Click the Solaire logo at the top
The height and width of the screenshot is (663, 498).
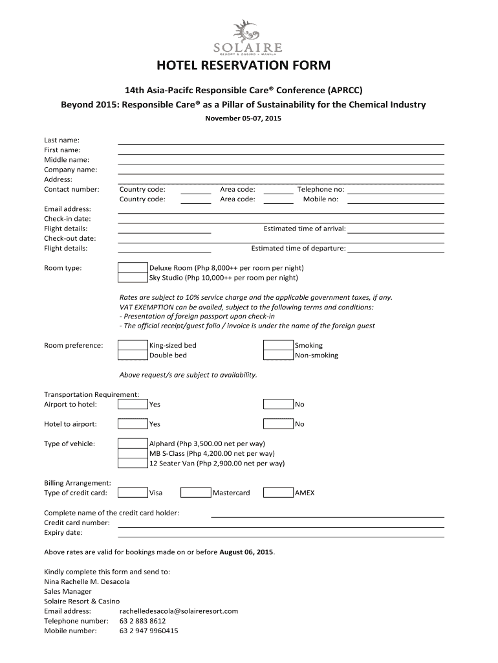[248, 37]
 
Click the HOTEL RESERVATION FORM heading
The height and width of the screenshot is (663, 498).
[248, 66]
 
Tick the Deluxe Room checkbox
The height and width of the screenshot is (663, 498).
[133, 267]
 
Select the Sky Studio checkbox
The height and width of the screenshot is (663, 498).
[133, 278]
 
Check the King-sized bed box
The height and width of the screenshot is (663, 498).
[133, 345]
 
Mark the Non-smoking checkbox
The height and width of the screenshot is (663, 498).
[278, 355]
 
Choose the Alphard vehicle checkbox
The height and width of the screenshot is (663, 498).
[133, 444]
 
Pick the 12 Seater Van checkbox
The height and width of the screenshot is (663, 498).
[133, 464]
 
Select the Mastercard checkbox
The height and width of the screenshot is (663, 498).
[196, 493]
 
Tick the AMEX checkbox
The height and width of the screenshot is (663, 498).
[278, 493]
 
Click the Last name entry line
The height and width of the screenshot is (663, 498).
[281, 140]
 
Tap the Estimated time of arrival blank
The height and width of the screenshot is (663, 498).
[396, 229]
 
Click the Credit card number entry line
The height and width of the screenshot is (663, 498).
[281, 523]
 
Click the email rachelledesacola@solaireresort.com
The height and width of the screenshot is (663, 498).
[179, 611]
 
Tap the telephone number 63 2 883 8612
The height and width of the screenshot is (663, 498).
[138, 621]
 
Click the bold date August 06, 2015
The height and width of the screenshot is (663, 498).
[246, 552]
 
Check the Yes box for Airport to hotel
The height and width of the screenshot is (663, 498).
[133, 405]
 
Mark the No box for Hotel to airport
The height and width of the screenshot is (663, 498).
[278, 424]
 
